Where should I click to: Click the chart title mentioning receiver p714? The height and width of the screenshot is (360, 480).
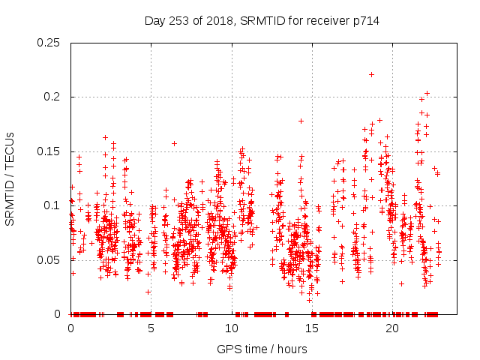(x=262, y=21)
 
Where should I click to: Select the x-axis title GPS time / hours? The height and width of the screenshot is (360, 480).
(x=262, y=349)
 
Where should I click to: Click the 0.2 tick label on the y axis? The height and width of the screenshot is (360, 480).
(x=53, y=97)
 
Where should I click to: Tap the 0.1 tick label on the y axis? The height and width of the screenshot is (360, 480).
(x=53, y=205)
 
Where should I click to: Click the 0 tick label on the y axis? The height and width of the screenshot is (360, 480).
(x=60, y=313)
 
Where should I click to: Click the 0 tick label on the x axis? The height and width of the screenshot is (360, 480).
(x=70, y=328)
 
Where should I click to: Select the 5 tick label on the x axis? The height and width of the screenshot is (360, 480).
(x=151, y=328)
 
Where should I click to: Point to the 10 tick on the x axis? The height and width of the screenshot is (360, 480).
(x=231, y=328)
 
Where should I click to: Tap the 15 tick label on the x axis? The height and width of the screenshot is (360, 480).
(x=311, y=328)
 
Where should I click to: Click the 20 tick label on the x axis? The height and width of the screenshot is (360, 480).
(x=391, y=328)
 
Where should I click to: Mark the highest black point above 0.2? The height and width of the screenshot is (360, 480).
(x=371, y=74)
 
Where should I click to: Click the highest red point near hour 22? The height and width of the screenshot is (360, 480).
(x=427, y=94)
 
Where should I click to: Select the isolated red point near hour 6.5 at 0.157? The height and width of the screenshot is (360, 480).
(x=174, y=143)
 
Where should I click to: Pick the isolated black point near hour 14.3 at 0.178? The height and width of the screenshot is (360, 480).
(x=301, y=121)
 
